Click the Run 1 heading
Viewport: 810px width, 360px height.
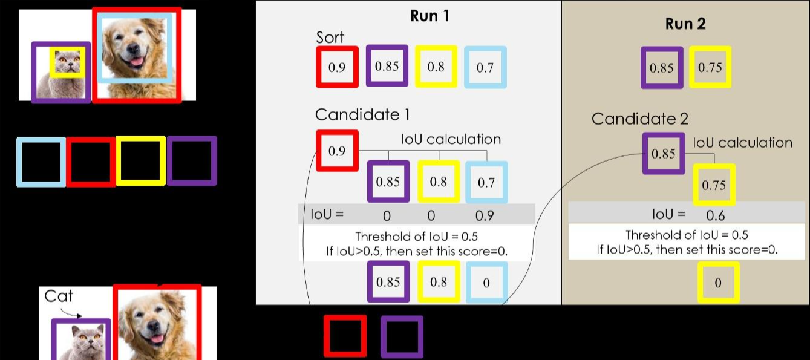point(429,16)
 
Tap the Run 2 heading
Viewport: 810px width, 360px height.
point(685,24)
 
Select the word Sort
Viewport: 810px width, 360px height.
point(330,37)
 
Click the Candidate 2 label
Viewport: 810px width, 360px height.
point(639,119)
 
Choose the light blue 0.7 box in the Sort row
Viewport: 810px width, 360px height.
point(485,67)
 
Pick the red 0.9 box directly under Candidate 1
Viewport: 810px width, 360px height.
point(337,151)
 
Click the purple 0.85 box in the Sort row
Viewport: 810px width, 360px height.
point(387,66)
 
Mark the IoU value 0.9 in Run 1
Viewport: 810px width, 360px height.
point(485,215)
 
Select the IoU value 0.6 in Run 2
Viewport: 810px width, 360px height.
point(715,215)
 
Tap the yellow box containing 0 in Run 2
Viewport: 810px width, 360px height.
point(718,283)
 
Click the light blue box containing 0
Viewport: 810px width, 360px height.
point(486,283)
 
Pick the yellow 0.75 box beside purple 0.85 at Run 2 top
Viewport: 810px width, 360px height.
point(710,67)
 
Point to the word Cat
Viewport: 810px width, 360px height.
point(59,296)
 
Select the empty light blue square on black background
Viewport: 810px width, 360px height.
point(41,162)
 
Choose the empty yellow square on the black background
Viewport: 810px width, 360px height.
point(140,160)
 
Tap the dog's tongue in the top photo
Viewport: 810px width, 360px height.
point(137,61)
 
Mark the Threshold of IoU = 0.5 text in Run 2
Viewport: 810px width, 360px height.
point(688,235)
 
